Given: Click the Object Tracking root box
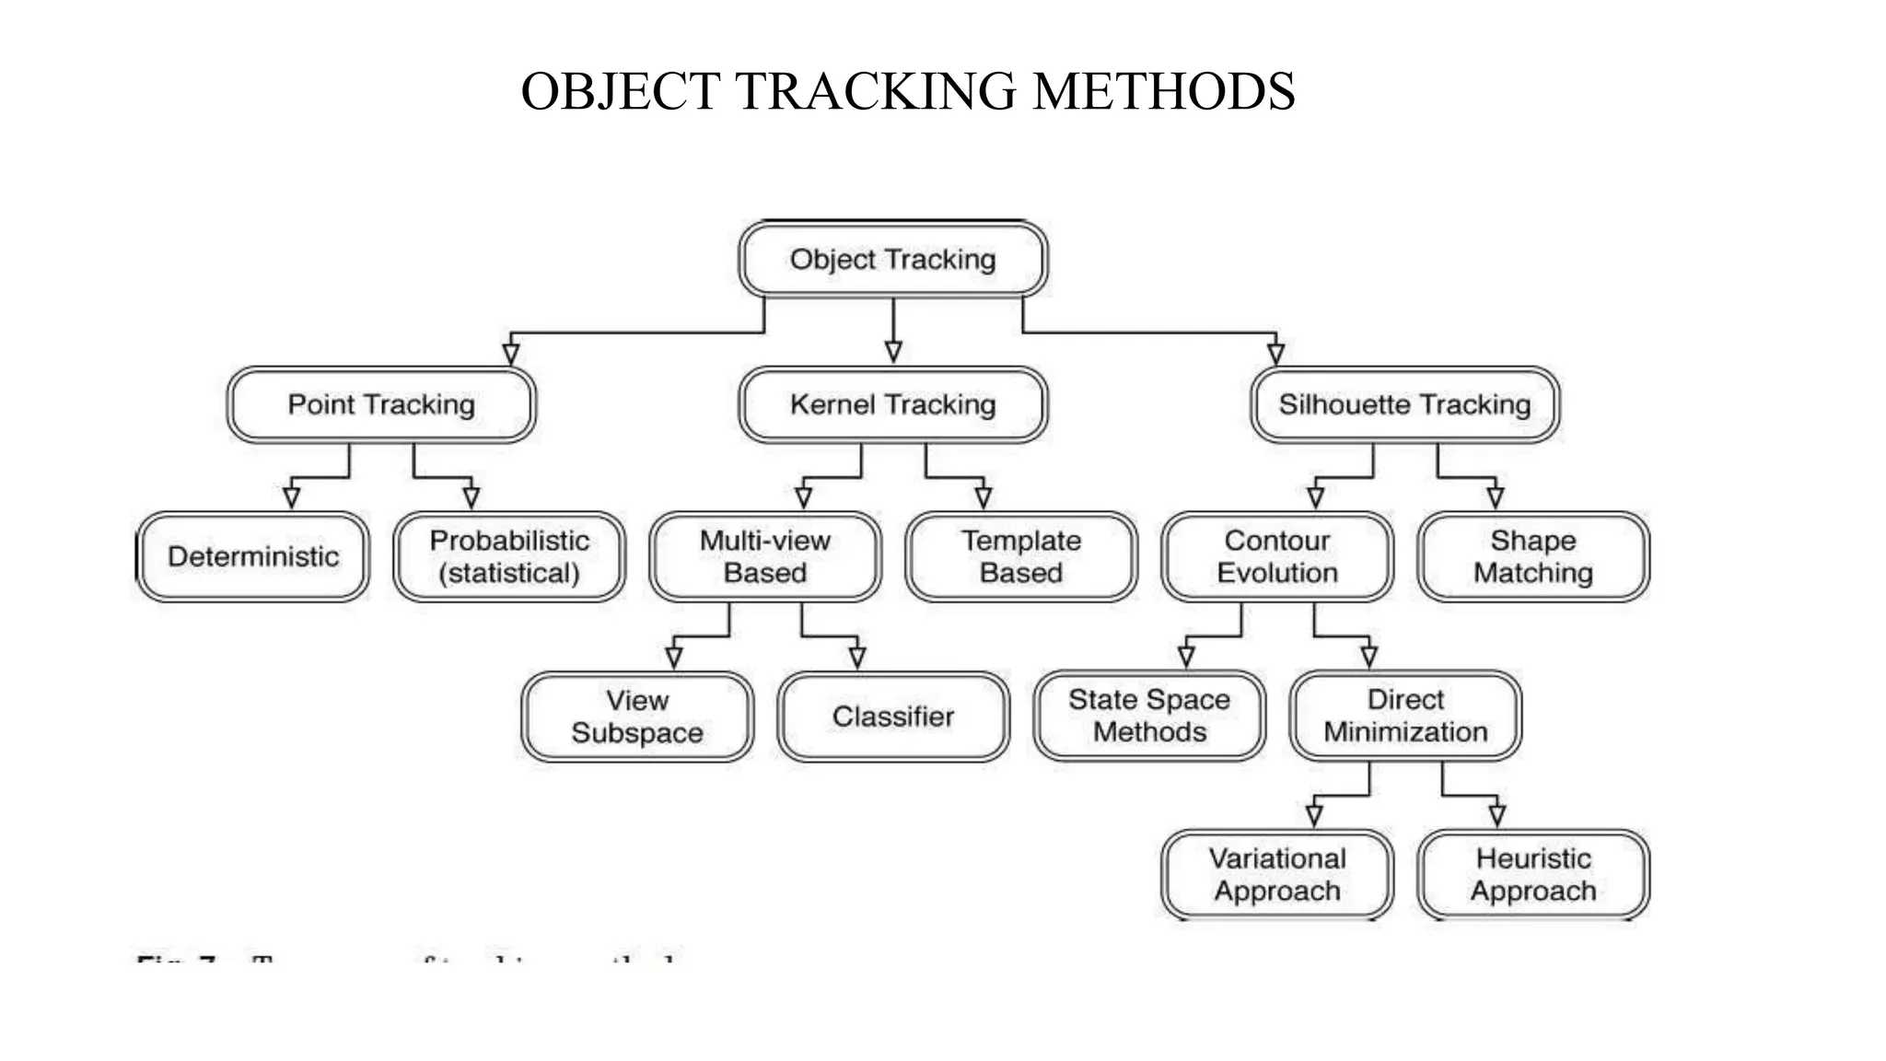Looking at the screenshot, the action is click(892, 259).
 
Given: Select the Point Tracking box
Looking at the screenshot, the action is click(381, 404).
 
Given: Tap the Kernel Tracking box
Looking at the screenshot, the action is click(892, 404).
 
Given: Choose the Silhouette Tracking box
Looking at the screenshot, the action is click(1404, 404).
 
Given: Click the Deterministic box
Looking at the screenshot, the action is click(253, 556).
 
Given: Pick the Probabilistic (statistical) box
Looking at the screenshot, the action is click(509, 556).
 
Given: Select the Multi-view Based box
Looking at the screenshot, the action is click(765, 556).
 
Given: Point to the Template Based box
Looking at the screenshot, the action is click(1021, 556).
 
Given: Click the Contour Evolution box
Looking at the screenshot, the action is click(1277, 556).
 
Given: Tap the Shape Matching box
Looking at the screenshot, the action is click(1533, 556).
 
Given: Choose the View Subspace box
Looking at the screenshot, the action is click(637, 717).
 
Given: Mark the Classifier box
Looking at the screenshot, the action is click(893, 717).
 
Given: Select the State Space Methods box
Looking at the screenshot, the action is click(1149, 716).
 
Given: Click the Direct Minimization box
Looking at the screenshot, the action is click(1405, 716).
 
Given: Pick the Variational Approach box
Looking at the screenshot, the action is click(1277, 875).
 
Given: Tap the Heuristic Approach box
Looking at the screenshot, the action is click(1533, 875).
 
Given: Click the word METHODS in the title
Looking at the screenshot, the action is click(1164, 92).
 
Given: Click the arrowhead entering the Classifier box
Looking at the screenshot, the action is click(857, 658).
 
